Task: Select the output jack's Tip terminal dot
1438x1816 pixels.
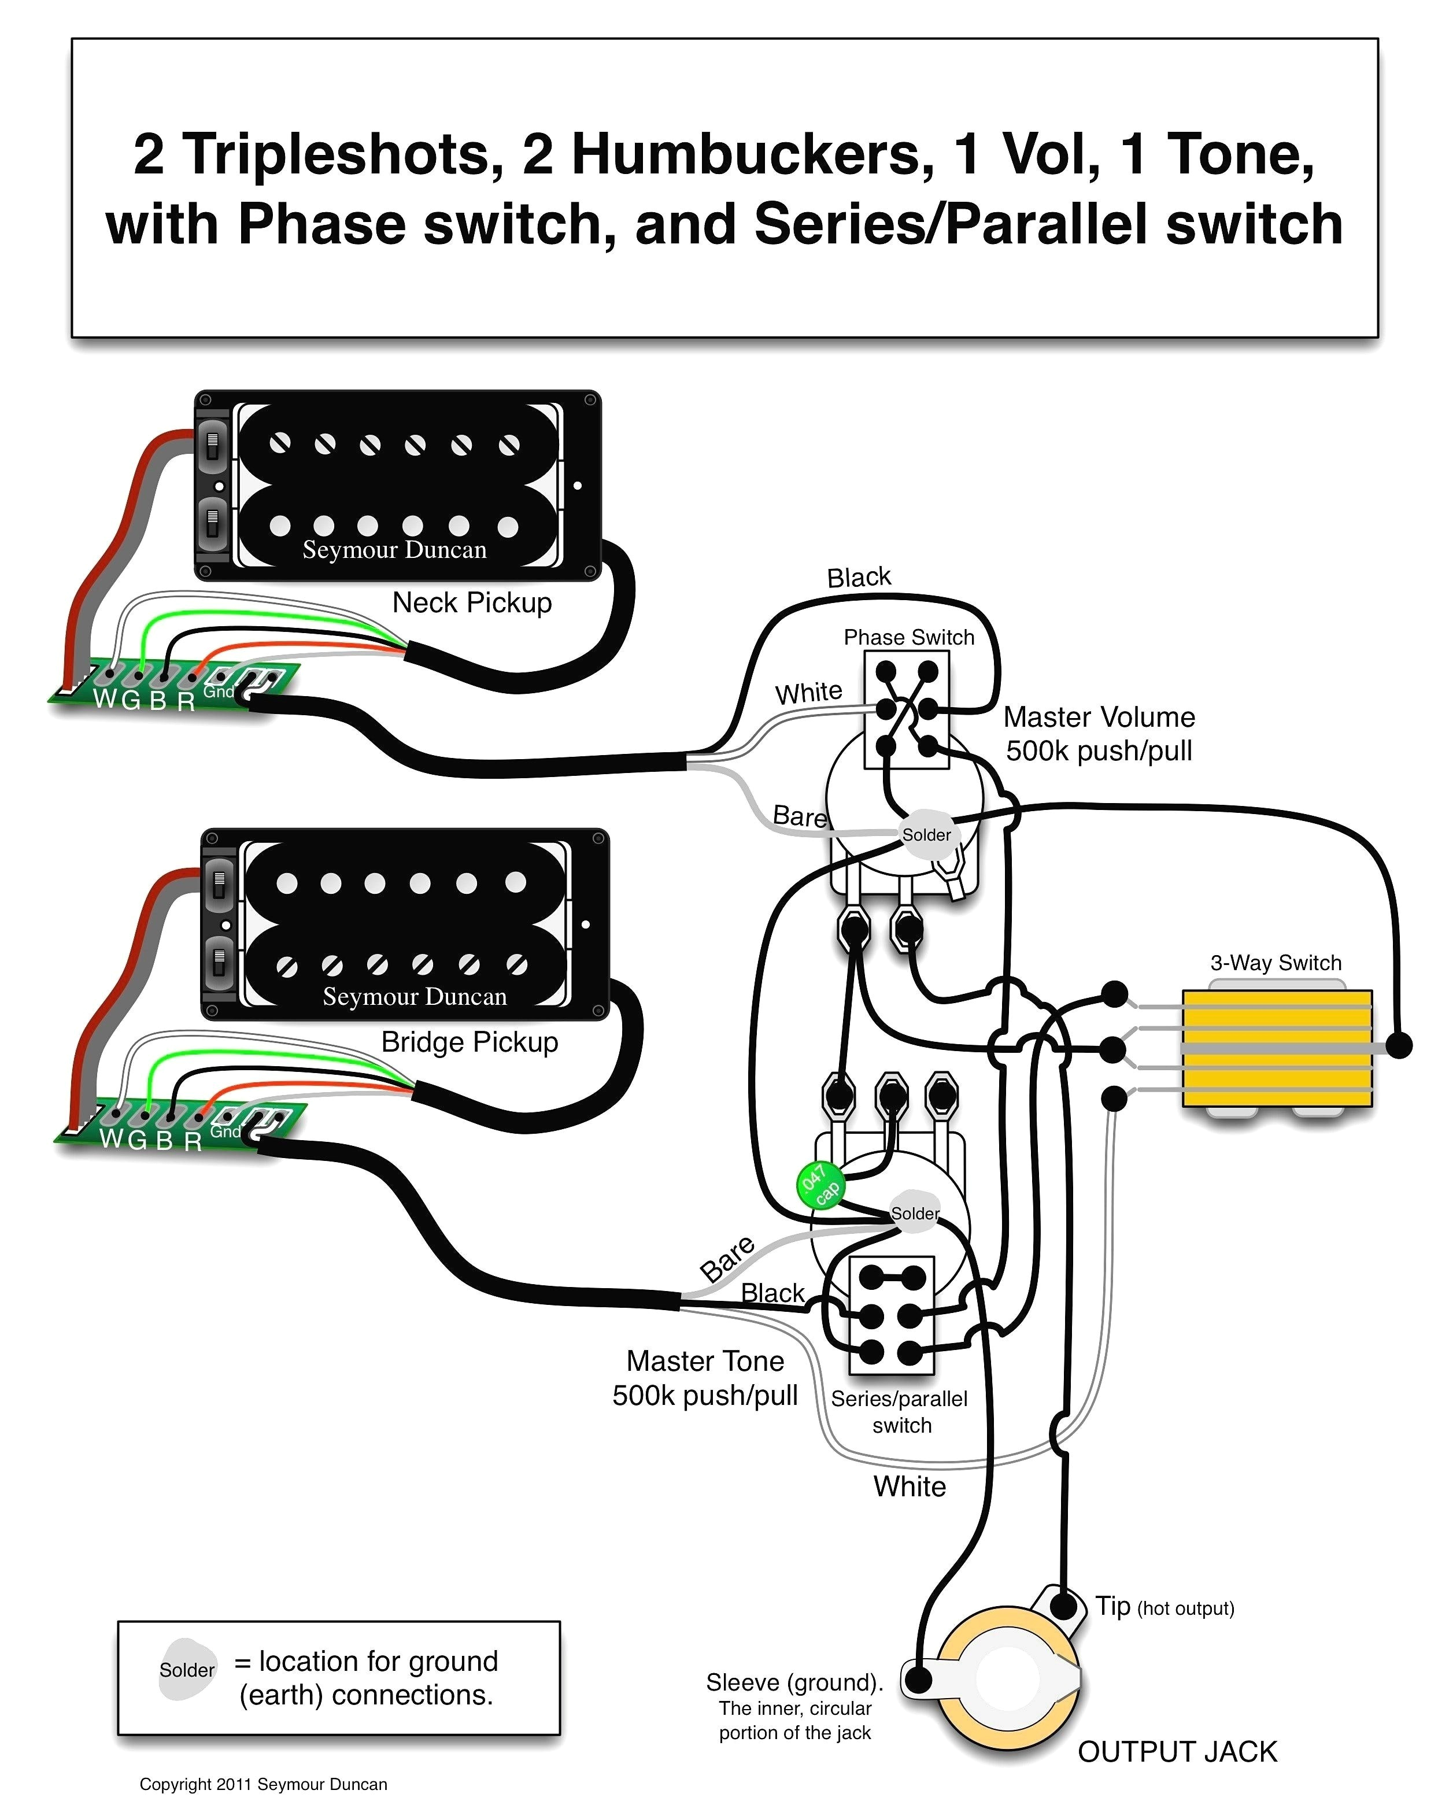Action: [x=1064, y=1606]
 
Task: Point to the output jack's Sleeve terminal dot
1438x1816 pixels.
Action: [x=919, y=1680]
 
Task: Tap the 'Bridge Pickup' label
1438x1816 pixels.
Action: [x=469, y=1042]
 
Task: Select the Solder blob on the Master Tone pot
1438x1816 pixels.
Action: [x=915, y=1213]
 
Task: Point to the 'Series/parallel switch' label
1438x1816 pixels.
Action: [x=899, y=1412]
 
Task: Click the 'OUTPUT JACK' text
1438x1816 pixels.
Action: [x=1177, y=1752]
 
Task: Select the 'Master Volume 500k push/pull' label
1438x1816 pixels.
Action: [x=1099, y=733]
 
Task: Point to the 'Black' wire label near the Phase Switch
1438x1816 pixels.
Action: [x=858, y=578]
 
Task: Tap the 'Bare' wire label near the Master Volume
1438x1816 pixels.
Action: [x=799, y=816]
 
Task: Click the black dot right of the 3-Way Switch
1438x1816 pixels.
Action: [x=1399, y=1046]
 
